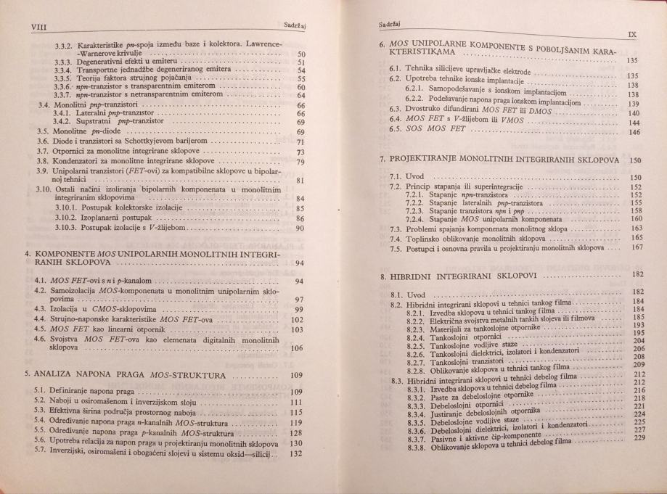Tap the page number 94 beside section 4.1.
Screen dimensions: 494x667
(294, 280)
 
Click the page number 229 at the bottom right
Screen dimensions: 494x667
(639, 437)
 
